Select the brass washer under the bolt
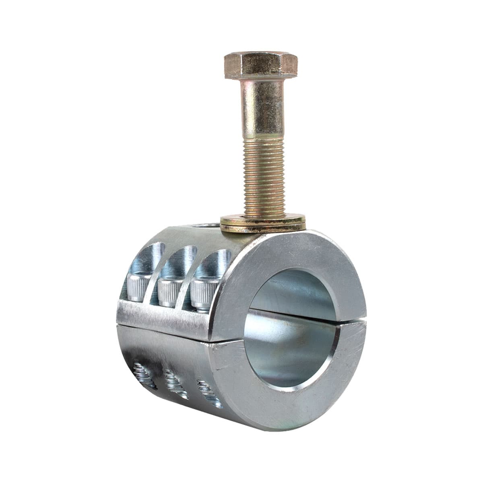coord(262,224)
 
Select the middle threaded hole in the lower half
coord(175,383)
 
